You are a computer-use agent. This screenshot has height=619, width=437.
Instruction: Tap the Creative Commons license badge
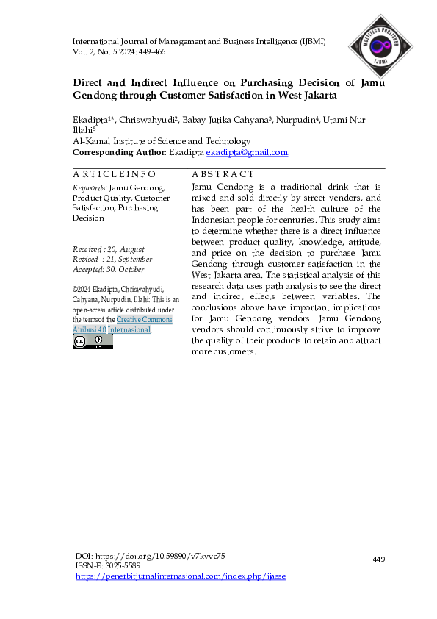tap(93, 341)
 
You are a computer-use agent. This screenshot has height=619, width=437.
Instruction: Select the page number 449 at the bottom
tap(379, 559)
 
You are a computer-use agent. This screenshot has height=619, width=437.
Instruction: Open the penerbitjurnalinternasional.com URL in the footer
tap(181, 576)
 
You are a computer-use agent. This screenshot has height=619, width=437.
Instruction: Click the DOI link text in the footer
tap(151, 556)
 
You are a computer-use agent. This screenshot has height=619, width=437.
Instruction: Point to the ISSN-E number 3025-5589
tap(123, 566)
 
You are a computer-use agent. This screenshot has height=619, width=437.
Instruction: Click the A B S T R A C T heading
tap(223, 174)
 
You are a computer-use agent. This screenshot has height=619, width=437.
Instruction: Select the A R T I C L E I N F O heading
tap(114, 174)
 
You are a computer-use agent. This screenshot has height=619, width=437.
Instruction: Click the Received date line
tap(109, 250)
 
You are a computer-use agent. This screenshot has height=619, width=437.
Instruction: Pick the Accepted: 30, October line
tap(109, 269)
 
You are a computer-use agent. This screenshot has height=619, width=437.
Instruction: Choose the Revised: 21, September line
tap(112, 260)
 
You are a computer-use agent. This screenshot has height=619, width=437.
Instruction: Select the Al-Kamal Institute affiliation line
tap(162, 141)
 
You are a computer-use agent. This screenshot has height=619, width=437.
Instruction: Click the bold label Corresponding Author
tap(119, 152)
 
